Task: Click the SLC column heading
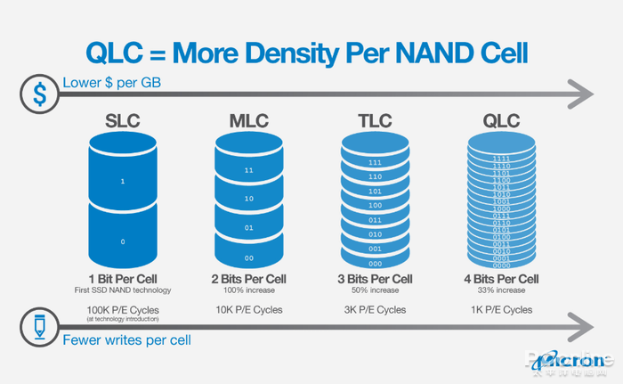(x=124, y=119)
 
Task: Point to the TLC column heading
(x=375, y=119)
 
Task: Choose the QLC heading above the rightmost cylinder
(x=501, y=119)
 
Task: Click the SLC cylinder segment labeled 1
(x=124, y=181)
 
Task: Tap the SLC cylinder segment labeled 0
(x=124, y=241)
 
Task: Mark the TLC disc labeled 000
(x=375, y=263)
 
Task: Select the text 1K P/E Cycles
(x=501, y=309)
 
